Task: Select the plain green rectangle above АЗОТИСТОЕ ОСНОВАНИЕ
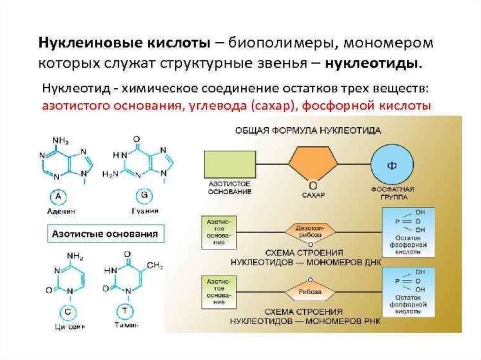[230, 164]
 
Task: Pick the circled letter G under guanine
[140, 196]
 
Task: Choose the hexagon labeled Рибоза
[310, 291]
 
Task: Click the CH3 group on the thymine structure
[155, 266]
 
